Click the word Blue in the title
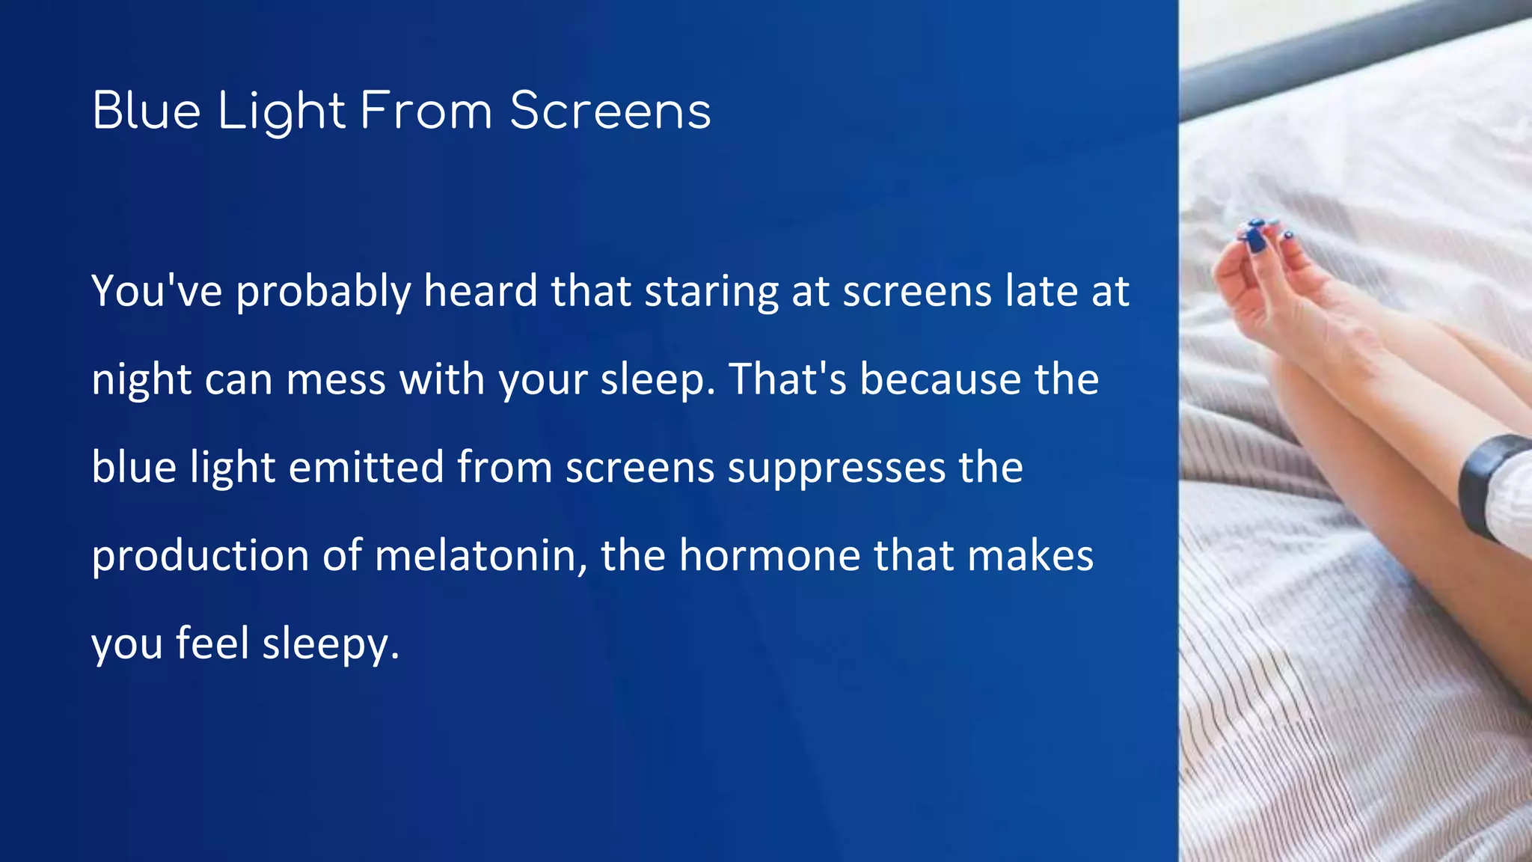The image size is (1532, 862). click(147, 111)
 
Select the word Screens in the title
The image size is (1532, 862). click(610, 111)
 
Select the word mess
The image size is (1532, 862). click(336, 379)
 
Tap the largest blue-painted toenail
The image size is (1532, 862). click(1256, 237)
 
